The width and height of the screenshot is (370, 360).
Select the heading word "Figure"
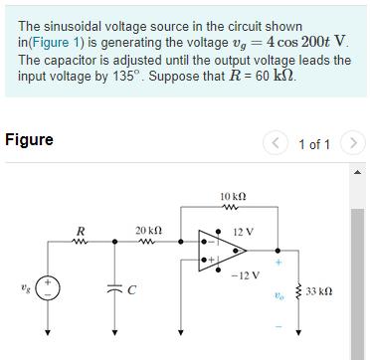point(30,140)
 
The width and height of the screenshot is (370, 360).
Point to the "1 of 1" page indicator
point(314,144)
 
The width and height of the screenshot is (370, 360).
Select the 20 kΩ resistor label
point(148,230)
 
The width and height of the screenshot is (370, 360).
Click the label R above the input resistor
point(79,232)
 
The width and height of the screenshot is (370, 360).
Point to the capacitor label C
point(131,290)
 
